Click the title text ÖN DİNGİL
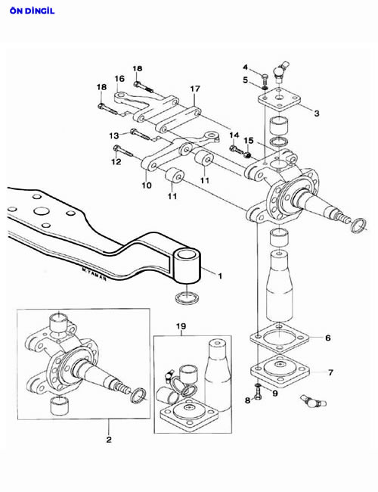point(32,11)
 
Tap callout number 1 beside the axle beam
point(220,276)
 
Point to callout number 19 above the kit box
point(181,326)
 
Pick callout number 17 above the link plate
point(195,89)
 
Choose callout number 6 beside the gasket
point(328,338)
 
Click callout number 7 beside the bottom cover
point(330,372)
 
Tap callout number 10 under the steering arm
point(147,185)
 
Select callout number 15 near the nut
point(249,140)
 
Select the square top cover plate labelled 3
point(279,99)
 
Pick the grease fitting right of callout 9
point(314,401)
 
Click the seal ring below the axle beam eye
point(187,297)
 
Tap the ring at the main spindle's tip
point(358,226)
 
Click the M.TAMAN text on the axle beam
point(94,274)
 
